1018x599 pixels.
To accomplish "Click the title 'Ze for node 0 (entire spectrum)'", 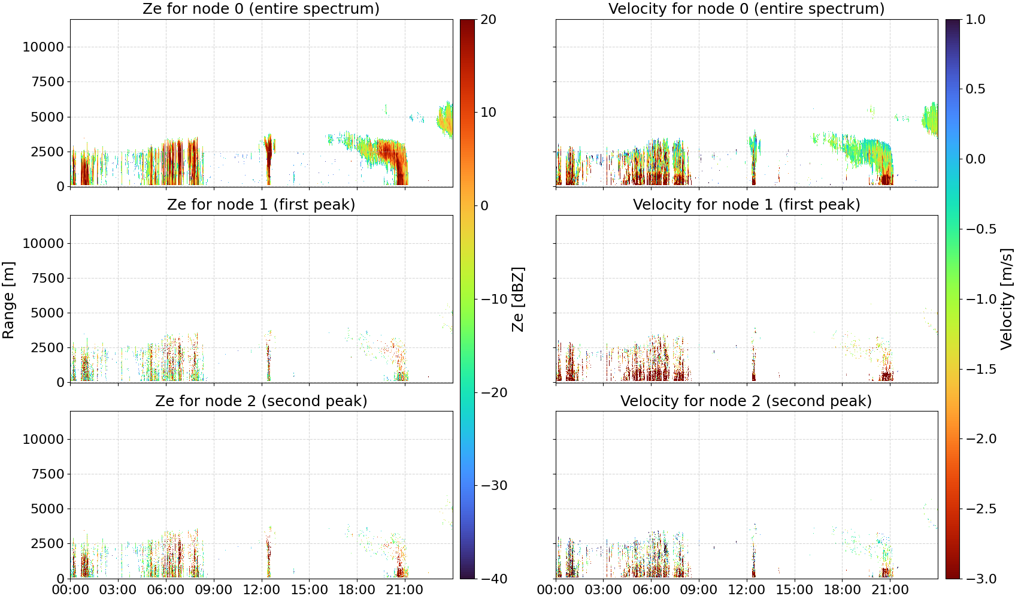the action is click(261, 8).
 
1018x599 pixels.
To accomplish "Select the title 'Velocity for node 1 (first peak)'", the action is click(747, 204).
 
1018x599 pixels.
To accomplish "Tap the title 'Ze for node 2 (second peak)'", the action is click(261, 401).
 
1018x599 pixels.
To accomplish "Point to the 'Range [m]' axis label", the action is click(8, 300).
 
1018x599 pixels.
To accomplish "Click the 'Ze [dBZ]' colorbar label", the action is click(517, 299).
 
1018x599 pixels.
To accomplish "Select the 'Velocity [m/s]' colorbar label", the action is click(1007, 299).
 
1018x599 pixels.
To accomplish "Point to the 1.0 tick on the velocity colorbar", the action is click(975, 20).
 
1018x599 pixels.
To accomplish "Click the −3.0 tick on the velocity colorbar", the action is click(981, 579).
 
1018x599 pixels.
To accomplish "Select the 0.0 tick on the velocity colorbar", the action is click(975, 159).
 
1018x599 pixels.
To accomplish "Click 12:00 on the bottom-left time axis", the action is click(261, 590).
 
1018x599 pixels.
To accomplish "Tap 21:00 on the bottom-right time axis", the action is click(890, 590).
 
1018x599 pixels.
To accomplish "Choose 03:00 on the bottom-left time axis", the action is click(118, 590).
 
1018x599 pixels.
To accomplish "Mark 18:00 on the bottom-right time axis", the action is click(842, 590).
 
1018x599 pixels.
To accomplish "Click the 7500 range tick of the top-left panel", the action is click(48, 82).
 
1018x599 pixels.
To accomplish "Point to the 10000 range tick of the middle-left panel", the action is click(44, 243).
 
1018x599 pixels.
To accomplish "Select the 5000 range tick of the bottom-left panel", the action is click(48, 509).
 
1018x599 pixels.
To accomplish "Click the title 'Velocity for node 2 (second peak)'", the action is click(746, 401).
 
